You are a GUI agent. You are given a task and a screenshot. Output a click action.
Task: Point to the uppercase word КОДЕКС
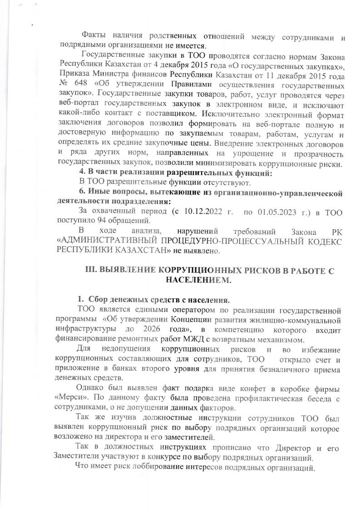[x=322, y=241]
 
